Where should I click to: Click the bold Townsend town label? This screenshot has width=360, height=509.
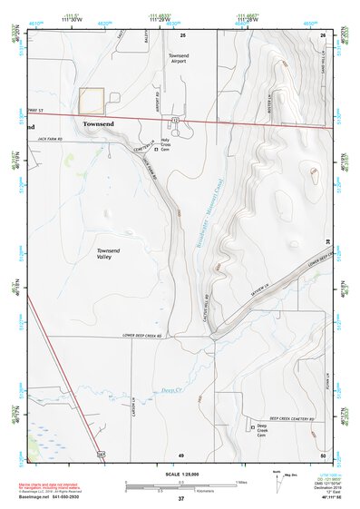pos(101,122)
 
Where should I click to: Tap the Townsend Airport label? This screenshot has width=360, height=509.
pos(179,60)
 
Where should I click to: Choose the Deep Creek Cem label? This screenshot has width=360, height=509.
pos(262,429)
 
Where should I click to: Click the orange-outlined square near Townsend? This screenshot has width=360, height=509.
pos(92,101)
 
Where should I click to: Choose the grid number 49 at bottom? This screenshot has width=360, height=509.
pos(181,454)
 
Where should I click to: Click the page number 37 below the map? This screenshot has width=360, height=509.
pos(181,499)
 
